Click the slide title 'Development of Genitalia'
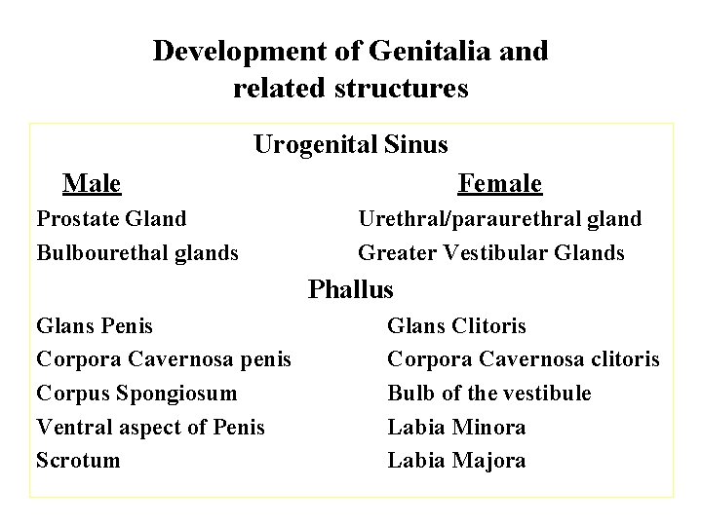[x=350, y=51]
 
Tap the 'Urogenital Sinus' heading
[x=351, y=145]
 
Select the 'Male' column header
[x=92, y=183]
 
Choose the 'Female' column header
[x=499, y=183]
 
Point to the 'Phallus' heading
[x=351, y=289]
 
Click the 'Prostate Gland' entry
[x=111, y=219]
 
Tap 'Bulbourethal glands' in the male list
[x=137, y=253]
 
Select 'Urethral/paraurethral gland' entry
[x=499, y=219]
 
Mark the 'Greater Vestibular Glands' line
[x=491, y=253]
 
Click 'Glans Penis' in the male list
[x=95, y=326]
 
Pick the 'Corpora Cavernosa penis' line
[x=164, y=360]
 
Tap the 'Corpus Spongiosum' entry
[x=136, y=394]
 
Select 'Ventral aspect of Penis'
[x=150, y=427]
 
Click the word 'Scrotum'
[x=78, y=460]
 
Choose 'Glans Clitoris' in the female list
[x=456, y=326]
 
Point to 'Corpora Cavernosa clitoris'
[x=524, y=360]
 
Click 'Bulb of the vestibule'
[x=489, y=394]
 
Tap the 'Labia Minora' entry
[x=456, y=427]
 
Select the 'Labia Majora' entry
[x=456, y=460]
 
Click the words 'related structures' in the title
[x=351, y=89]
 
